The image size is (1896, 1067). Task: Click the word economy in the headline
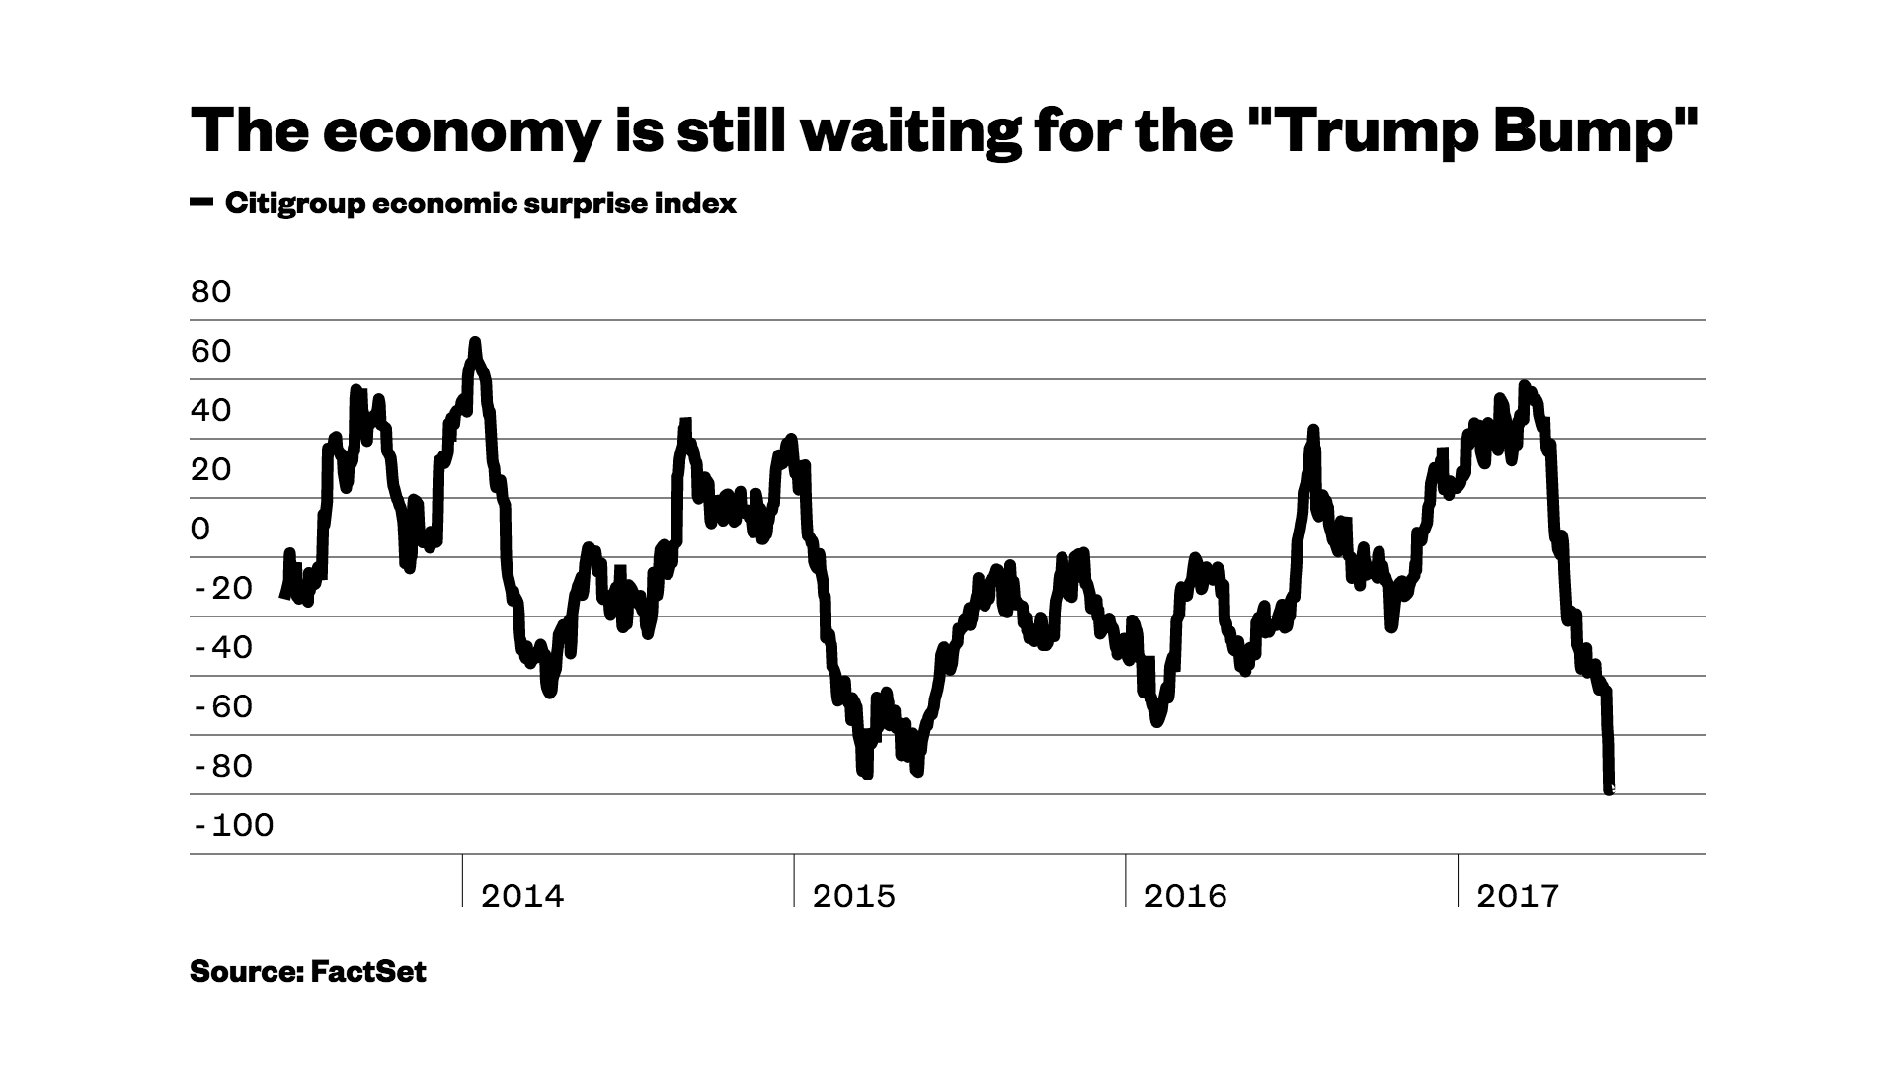click(x=457, y=131)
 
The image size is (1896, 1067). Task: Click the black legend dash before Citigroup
click(x=201, y=203)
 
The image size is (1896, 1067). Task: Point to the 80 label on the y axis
click(x=210, y=292)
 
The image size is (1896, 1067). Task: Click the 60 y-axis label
click(x=210, y=352)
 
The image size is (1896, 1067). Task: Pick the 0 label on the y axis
click(x=200, y=530)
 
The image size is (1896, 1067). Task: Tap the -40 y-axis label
click(x=223, y=648)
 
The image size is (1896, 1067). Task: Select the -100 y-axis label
click(x=233, y=826)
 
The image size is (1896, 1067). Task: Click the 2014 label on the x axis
click(x=522, y=896)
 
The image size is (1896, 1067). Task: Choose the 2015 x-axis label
click(x=854, y=896)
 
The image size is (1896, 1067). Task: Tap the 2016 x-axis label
click(x=1185, y=896)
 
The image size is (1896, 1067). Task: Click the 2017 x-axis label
click(x=1518, y=896)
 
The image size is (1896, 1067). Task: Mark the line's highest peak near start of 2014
click(x=475, y=344)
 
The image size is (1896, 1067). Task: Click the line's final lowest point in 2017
click(x=1609, y=789)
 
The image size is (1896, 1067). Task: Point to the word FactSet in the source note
click(x=368, y=972)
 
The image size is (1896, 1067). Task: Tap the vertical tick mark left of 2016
click(x=1126, y=879)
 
